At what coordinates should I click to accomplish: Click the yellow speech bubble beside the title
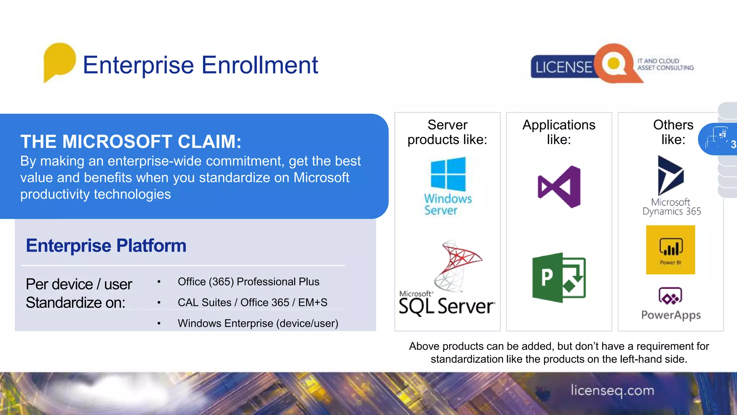click(59, 61)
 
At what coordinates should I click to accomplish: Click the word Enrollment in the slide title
click(259, 65)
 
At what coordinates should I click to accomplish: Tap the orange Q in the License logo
click(614, 64)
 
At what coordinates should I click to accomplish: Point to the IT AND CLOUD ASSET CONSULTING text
click(665, 64)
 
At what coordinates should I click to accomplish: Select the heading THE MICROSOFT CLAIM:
click(131, 141)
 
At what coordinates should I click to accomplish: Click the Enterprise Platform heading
click(106, 246)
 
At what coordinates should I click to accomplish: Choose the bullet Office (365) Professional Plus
click(248, 282)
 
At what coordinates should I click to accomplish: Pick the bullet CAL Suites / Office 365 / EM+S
click(252, 303)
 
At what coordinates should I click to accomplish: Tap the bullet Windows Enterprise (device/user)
click(258, 323)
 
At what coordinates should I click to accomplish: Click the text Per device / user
click(79, 284)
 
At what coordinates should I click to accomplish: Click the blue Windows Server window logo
click(448, 174)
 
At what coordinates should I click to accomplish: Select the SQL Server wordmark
click(447, 306)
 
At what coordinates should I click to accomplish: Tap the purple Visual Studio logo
click(559, 187)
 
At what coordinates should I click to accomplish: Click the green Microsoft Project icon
click(559, 277)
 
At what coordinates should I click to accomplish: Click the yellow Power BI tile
click(670, 250)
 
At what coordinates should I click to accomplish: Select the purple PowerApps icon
click(670, 296)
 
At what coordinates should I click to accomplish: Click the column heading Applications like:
click(559, 132)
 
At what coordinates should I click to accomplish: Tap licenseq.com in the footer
click(612, 391)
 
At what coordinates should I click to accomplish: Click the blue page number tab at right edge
click(718, 139)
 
